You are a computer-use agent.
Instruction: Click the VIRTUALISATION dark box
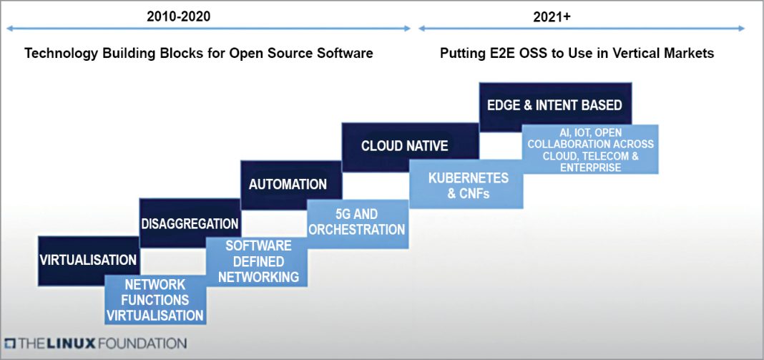(x=88, y=259)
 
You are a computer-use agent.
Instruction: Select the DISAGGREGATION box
(x=189, y=223)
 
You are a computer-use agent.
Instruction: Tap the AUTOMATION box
(x=288, y=184)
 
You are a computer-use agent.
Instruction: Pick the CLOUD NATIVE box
(x=404, y=146)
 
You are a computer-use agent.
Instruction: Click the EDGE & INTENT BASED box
(x=554, y=105)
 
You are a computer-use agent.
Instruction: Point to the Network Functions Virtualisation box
(x=155, y=300)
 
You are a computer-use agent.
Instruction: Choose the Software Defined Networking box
(x=258, y=261)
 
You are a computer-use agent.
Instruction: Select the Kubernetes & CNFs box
(x=468, y=185)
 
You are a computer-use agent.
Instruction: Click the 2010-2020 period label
(x=179, y=16)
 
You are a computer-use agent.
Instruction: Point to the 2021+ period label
(x=552, y=16)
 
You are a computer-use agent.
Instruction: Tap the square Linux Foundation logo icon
(x=10, y=343)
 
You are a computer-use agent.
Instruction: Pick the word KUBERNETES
(x=468, y=177)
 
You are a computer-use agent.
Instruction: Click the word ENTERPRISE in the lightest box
(x=590, y=167)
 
